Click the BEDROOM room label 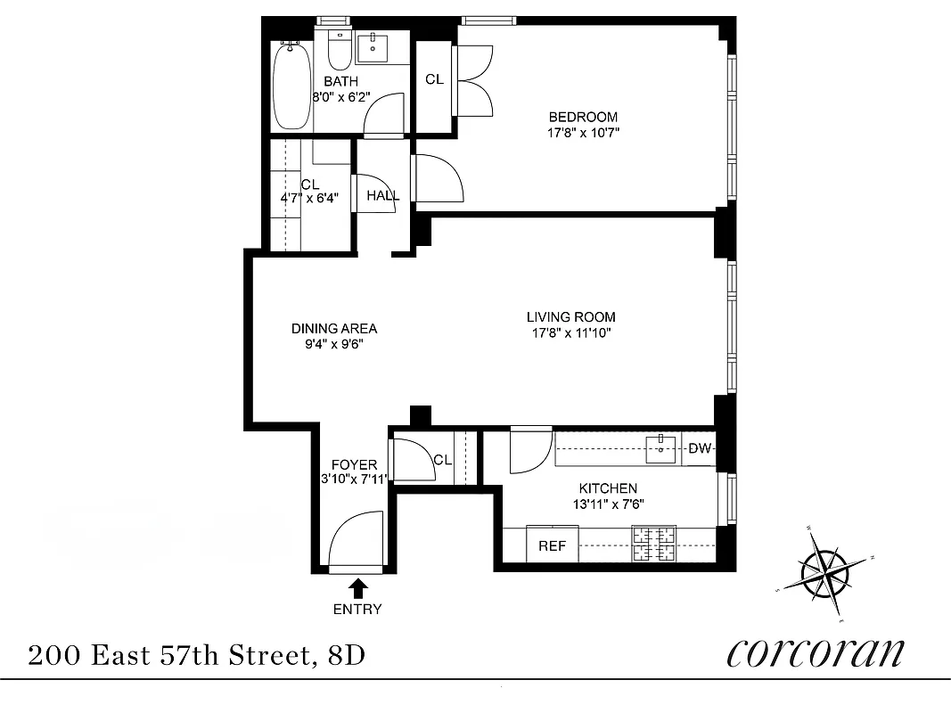pos(583,117)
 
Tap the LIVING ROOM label pos(570,317)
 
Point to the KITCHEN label pos(608,488)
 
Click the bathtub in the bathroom pos(291,86)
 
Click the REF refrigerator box pos(552,545)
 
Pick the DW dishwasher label pos(700,448)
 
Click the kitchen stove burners pos(655,544)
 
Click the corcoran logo pos(816,652)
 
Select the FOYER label pos(354,464)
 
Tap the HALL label pos(382,196)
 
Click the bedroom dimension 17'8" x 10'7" pos(583,134)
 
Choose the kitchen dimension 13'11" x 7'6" pos(608,504)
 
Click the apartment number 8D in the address pos(346,657)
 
